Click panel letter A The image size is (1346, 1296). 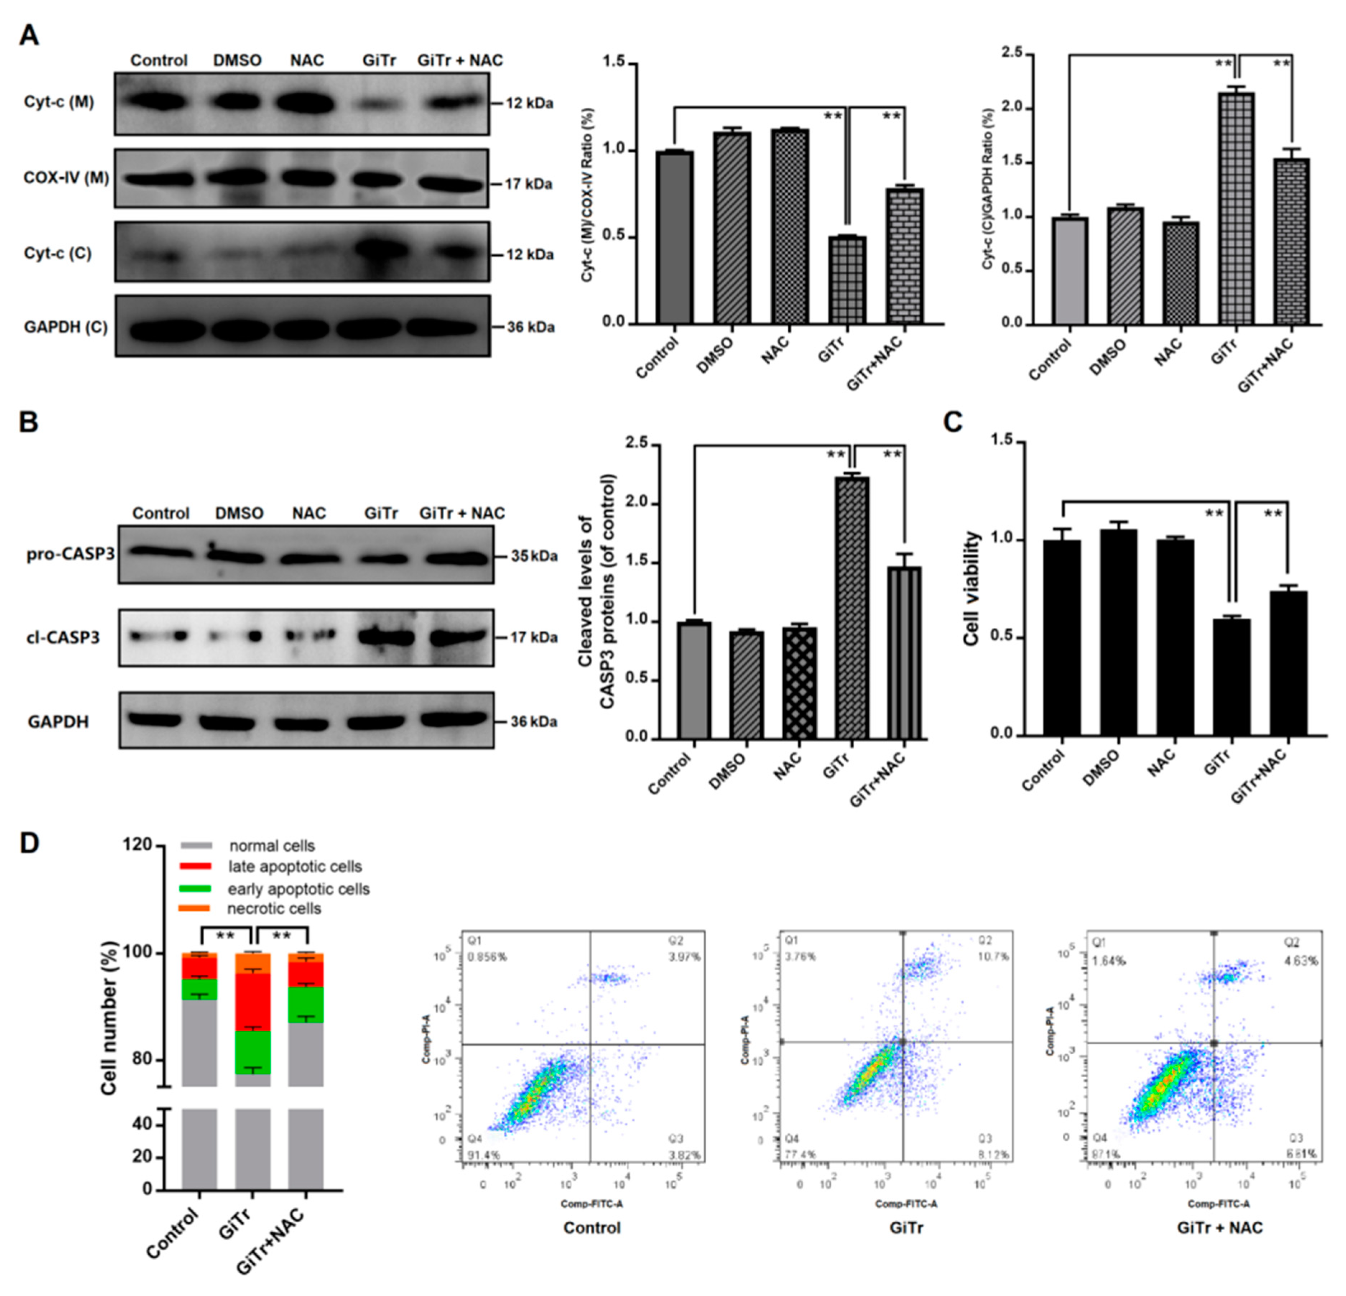(x=29, y=34)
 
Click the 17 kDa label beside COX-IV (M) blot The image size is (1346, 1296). (x=528, y=184)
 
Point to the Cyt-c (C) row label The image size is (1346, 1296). (x=58, y=254)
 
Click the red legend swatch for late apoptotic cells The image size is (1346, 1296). (x=195, y=867)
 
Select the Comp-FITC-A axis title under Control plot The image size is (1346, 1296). (x=591, y=1204)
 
